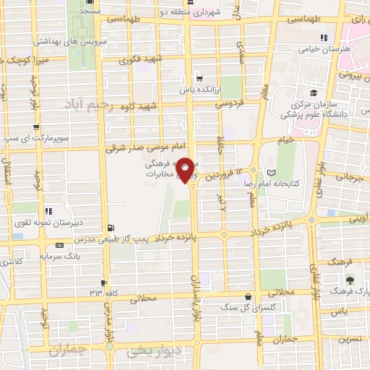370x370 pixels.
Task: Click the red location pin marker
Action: tap(186, 171)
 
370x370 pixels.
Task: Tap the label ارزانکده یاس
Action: tap(199, 90)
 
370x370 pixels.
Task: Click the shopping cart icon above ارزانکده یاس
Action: tap(199, 79)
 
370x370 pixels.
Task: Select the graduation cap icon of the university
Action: tap(314, 93)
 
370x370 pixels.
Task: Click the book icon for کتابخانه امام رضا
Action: tap(271, 173)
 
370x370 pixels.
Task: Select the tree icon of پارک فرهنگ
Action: tap(351, 279)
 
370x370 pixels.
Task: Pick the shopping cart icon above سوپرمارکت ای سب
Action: tap(48, 125)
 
